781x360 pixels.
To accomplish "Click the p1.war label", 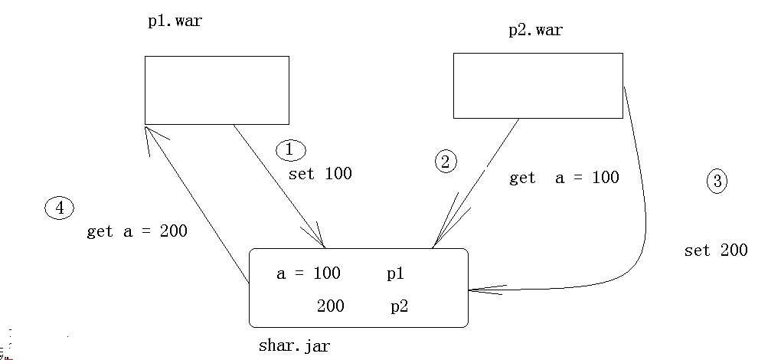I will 175,21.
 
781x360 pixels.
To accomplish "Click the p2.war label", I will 535,31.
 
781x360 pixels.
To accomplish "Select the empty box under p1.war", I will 217,90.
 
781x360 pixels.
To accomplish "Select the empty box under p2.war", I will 538,86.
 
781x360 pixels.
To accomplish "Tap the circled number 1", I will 289,150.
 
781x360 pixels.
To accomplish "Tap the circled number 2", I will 446,161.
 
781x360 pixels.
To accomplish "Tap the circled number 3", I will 717,182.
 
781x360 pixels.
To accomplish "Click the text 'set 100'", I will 320,174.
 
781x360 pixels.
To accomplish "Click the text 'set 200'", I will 715,250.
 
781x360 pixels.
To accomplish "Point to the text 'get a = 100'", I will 564,178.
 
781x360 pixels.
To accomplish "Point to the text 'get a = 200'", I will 137,231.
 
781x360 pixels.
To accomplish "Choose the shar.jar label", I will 294,345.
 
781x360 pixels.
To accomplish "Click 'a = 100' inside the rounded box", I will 308,273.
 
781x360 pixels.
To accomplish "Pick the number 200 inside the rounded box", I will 330,306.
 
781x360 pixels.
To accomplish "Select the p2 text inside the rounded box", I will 399,306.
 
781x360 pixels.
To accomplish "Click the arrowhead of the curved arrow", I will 479,290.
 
